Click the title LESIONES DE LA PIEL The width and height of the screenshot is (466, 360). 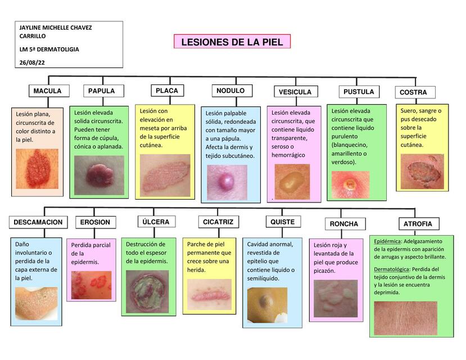coord(232,42)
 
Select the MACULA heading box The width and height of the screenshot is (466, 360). coord(47,91)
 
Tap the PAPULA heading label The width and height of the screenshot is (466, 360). coord(101,91)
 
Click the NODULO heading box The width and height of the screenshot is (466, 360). coord(230,91)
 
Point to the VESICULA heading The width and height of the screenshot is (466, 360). coord(295,92)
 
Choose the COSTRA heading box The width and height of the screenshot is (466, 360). coord(413,92)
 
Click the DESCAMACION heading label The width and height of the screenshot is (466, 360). coord(38,222)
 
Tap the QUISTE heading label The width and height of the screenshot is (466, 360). coord(282,222)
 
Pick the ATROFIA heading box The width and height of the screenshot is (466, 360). coord(418,224)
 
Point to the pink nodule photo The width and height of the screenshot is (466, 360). coord(227,182)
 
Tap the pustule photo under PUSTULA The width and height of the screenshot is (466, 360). coord(350,184)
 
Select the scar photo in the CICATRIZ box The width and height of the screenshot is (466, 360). coord(209,294)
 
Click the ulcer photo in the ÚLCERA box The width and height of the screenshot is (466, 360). coord(147,291)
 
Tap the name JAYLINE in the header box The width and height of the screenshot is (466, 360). coord(32,28)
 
